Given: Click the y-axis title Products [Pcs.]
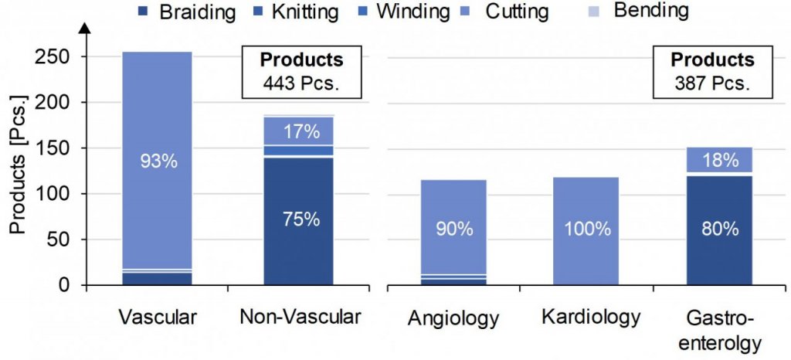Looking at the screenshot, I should point(18,174).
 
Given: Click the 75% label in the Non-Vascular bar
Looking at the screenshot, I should point(300,219).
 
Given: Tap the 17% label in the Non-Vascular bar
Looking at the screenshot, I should point(300,131).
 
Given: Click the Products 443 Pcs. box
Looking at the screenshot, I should point(301,72).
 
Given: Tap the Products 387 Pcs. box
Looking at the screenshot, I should point(711,72).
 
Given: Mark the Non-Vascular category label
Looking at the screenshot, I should point(300,317).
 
